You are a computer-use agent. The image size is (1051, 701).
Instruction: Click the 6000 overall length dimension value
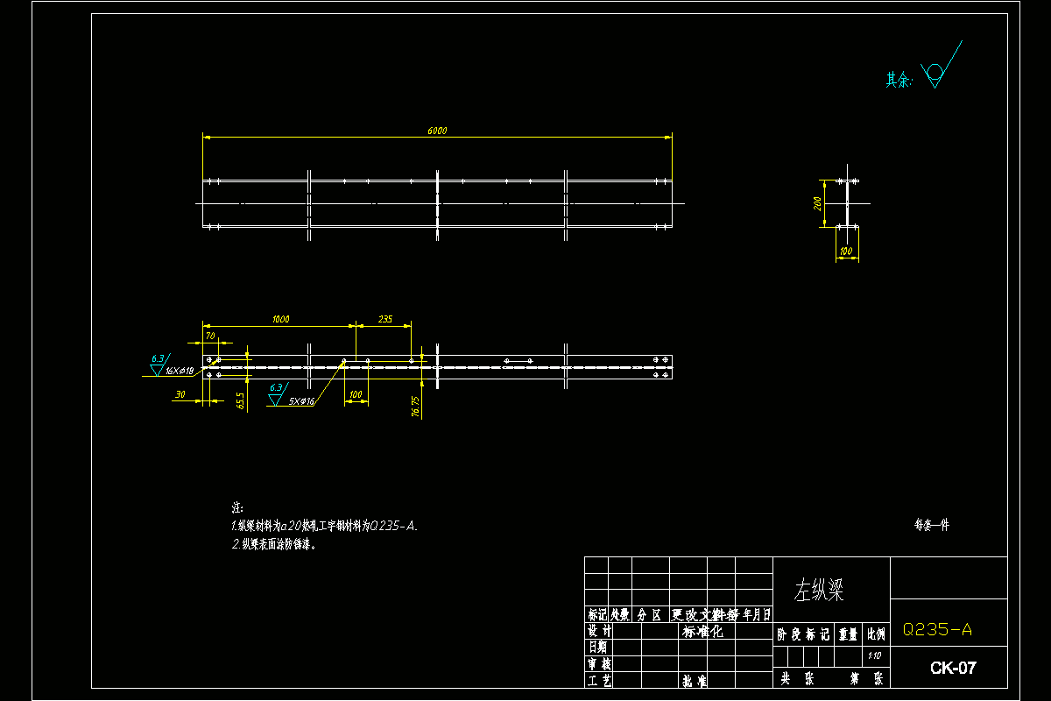pyautogui.click(x=437, y=131)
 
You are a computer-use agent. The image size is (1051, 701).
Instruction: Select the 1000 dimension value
pyautogui.click(x=280, y=319)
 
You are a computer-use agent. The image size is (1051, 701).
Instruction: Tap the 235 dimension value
pyautogui.click(x=384, y=319)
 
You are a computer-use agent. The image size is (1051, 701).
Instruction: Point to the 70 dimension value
pyautogui.click(x=209, y=335)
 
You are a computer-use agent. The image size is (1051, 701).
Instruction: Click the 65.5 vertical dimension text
pyautogui.click(x=240, y=400)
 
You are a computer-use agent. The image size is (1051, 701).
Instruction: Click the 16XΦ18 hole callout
pyautogui.click(x=180, y=371)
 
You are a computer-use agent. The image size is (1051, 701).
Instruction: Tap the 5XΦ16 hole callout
pyautogui.click(x=301, y=400)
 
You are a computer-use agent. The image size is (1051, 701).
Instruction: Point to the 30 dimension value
pyautogui.click(x=180, y=395)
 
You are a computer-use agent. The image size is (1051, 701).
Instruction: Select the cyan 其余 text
pyautogui.click(x=899, y=80)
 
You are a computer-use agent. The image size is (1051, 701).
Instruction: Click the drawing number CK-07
pyautogui.click(x=953, y=668)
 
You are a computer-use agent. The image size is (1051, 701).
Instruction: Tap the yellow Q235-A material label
pyautogui.click(x=937, y=629)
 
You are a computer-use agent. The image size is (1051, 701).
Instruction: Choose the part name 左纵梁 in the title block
pyautogui.click(x=819, y=590)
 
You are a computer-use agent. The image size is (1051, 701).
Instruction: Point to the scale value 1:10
pyautogui.click(x=874, y=655)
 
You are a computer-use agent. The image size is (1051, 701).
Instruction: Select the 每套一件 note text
pyautogui.click(x=932, y=525)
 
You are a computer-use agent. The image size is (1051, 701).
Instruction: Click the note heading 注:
pyautogui.click(x=236, y=508)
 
